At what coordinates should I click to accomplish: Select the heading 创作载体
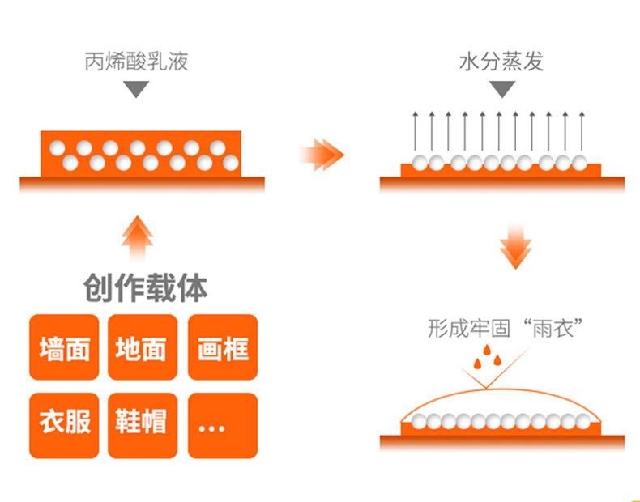(x=145, y=287)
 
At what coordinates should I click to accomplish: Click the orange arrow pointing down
(x=515, y=248)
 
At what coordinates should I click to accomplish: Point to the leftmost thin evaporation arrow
(x=415, y=130)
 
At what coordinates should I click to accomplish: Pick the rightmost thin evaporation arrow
(x=581, y=130)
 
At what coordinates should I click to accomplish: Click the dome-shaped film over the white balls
(x=502, y=404)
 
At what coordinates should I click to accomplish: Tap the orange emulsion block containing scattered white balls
(x=141, y=153)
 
